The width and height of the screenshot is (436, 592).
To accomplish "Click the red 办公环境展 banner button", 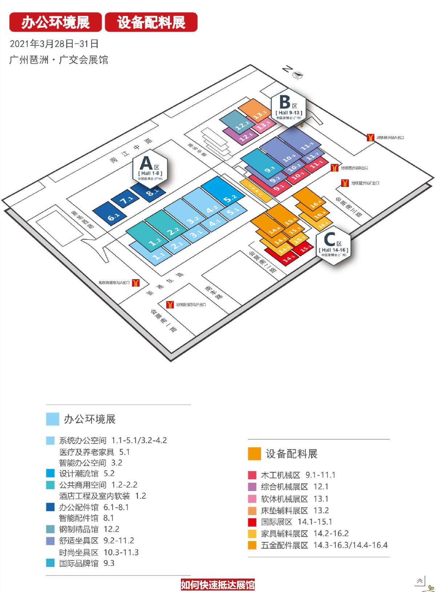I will pyautogui.click(x=55, y=22).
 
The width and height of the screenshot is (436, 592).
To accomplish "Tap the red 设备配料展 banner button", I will pyautogui.click(x=151, y=22).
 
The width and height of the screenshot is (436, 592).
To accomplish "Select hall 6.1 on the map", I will pyautogui.click(x=110, y=214).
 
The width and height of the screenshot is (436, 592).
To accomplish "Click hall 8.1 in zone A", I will pyautogui.click(x=149, y=190).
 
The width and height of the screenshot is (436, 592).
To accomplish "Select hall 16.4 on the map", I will pyautogui.click(x=311, y=200).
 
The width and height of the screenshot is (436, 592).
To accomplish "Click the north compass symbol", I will pyautogui.click(x=298, y=75).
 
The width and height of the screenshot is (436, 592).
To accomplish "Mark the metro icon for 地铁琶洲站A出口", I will pyautogui.click(x=370, y=138).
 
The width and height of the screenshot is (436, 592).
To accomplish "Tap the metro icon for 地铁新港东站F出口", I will pyautogui.click(x=170, y=304).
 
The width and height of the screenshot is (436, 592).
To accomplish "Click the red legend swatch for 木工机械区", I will pyautogui.click(x=252, y=475).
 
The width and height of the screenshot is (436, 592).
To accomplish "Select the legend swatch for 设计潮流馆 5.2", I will pyautogui.click(x=50, y=473).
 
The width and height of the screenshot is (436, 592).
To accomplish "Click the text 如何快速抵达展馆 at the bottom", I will pyautogui.click(x=218, y=585).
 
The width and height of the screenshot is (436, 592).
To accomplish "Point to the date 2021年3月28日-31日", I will pyautogui.click(x=54, y=44).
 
